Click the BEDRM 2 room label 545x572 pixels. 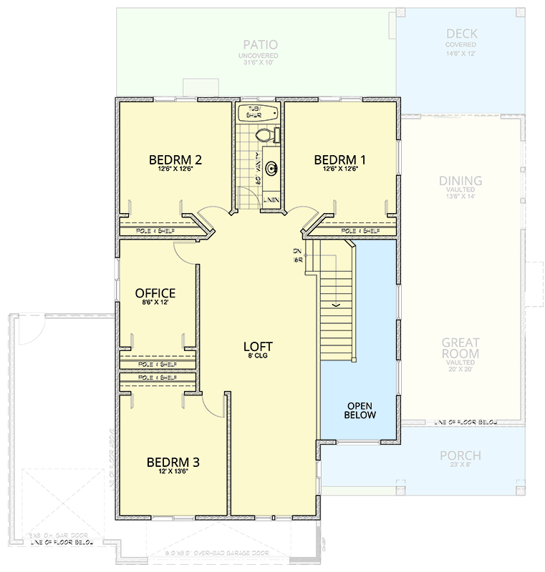pos(175,159)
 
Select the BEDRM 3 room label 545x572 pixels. pos(173,462)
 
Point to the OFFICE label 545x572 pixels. pos(155,293)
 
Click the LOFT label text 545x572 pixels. pos(256,347)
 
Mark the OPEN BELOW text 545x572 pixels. pos(360,410)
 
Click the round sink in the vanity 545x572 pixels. pos(271,169)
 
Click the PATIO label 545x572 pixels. pos(259,44)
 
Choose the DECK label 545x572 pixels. pos(462,34)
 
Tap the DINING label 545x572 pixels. pos(460,181)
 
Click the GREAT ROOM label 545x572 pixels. pos(460,348)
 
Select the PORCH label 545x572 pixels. pos(460,455)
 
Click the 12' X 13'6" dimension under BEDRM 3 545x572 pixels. pos(173,473)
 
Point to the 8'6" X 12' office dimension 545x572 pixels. pos(155,303)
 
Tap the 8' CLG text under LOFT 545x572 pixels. pos(256,357)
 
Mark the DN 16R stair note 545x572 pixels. pos(296,255)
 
